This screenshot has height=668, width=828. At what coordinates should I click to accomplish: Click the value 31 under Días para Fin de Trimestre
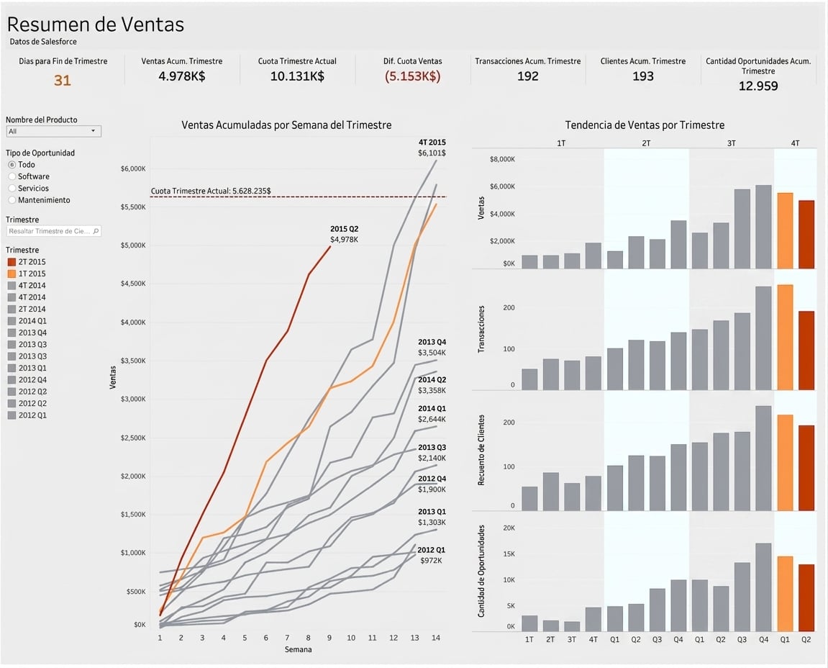point(63,81)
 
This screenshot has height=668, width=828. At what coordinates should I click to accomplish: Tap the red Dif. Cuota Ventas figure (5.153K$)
point(412,76)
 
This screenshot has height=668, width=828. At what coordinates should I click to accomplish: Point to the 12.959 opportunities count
point(758,86)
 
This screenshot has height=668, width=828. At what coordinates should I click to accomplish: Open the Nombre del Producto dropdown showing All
point(53,131)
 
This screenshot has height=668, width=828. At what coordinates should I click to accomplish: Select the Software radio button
point(12,176)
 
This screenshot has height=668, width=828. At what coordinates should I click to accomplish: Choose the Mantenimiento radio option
point(12,200)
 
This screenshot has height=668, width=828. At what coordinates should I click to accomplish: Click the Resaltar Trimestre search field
point(53,231)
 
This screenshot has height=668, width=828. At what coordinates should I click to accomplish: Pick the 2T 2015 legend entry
point(27,261)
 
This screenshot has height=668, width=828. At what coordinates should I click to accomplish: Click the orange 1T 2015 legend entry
point(27,274)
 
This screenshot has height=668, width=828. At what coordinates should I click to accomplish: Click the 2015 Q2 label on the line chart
point(345,229)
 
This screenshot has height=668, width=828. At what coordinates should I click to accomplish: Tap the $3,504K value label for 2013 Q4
point(432,353)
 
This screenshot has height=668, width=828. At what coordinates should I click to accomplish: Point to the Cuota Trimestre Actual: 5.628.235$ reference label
point(211,191)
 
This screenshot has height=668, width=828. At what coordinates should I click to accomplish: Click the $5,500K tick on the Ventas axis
point(133,207)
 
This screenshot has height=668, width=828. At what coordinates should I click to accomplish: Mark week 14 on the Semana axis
point(436,638)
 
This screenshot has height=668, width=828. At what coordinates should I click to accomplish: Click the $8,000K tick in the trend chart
point(502,159)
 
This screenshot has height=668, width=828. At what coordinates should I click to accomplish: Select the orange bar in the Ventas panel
point(786,231)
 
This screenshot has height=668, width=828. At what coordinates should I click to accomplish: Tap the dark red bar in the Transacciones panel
point(806,351)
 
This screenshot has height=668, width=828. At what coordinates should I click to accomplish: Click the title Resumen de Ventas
point(96,24)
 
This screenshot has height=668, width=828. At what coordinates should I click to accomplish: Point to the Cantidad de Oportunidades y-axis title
point(481,572)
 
